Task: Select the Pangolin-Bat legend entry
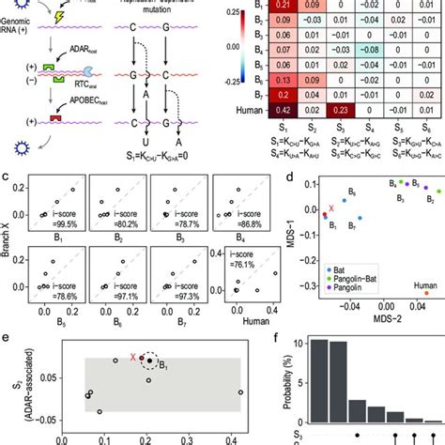click(361, 278)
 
